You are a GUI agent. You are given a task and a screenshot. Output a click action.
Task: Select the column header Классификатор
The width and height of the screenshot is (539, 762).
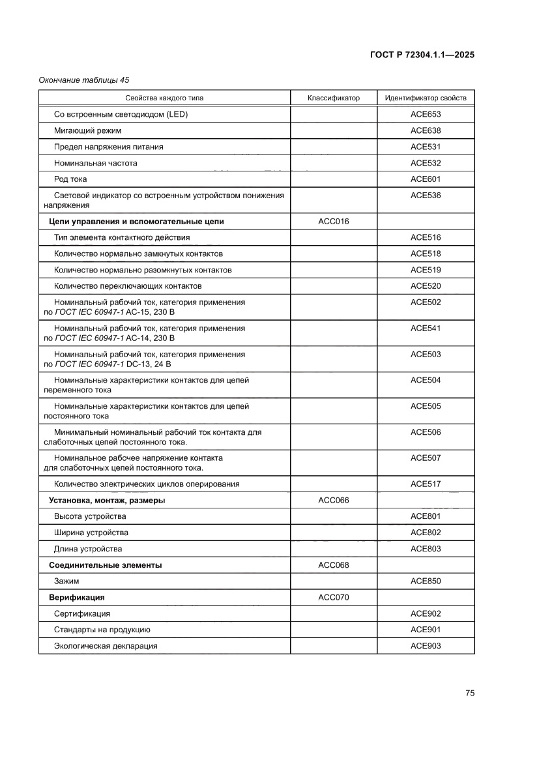pos(334,98)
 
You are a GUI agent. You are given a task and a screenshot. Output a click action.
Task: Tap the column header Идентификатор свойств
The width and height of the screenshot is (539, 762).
pos(426,98)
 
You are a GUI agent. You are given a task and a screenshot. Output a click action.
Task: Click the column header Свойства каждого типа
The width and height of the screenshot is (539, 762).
pos(164,98)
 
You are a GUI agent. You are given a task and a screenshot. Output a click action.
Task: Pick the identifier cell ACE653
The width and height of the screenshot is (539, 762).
pos(426,114)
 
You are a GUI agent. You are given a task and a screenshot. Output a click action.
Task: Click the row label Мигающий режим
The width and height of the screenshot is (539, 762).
pos(87,130)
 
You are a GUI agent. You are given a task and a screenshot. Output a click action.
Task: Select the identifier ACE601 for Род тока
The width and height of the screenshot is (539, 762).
pos(426,179)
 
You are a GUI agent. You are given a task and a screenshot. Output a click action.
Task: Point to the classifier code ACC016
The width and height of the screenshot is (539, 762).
pos(334,222)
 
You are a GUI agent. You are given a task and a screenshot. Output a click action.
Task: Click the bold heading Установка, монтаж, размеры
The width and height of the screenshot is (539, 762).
pos(107,501)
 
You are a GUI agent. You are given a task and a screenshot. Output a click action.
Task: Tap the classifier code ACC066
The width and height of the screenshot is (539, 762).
pos(334,501)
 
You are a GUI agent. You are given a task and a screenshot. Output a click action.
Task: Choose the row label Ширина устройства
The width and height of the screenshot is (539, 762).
pos(91,533)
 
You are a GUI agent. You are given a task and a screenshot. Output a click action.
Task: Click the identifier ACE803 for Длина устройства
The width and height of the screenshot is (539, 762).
pos(426,549)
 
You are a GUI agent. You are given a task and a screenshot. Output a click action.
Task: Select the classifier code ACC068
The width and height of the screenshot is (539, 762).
pos(334,565)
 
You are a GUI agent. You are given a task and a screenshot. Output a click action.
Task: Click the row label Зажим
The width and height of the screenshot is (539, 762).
pos(67,581)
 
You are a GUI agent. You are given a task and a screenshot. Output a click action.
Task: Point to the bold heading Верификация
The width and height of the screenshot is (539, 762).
pos(77,597)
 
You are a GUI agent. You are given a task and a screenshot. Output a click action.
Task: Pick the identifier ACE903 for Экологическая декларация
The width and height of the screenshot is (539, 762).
pos(426,646)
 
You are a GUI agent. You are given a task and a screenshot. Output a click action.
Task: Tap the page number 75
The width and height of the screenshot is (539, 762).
pos(470,693)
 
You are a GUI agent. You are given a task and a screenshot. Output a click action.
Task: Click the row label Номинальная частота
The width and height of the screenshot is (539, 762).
pos(96,163)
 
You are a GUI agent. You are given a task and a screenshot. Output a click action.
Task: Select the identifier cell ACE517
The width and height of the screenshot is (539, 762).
pos(426,484)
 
